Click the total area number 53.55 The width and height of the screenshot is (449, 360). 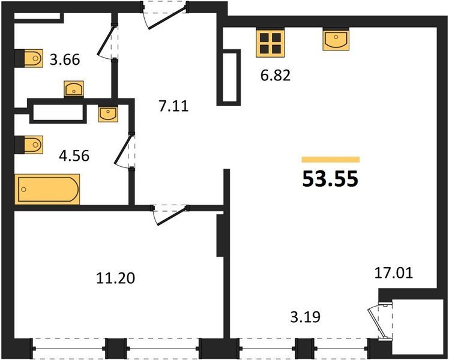pos(330,179)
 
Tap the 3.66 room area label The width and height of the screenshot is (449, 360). pos(65,60)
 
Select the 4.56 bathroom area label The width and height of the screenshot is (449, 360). pos(74,156)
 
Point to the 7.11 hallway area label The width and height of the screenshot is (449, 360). pos(173,106)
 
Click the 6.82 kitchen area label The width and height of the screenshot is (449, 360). pos(276,76)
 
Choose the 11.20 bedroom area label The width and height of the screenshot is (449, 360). pos(115,278)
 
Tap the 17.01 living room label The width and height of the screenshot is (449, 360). pos(394,273)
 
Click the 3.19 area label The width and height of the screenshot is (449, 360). pos(306,317)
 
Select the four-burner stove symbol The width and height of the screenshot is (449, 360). pos(270,43)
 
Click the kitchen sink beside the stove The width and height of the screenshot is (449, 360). pos(336,40)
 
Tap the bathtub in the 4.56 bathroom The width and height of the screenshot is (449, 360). pos(47,189)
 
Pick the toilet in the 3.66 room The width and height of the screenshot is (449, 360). pos(29,58)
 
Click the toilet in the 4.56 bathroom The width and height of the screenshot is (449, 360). pos(29,145)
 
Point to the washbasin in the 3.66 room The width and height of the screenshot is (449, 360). pos(74,89)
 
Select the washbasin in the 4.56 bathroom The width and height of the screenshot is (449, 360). pos(108,113)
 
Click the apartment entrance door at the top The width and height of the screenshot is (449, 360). pos(165,15)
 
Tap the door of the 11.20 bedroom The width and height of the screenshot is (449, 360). pos(170,215)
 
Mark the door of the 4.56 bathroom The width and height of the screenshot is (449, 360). pos(125,151)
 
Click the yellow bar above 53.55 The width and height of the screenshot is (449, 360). pos(331,160)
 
